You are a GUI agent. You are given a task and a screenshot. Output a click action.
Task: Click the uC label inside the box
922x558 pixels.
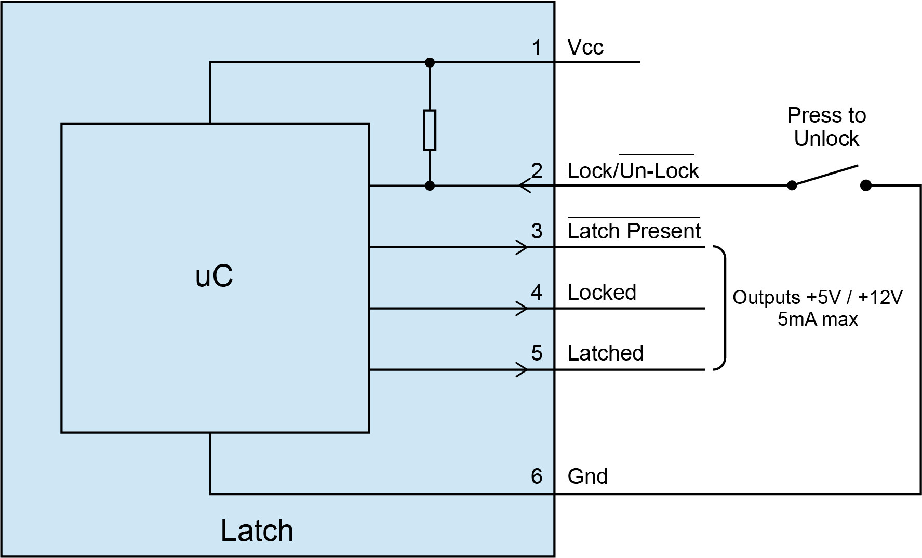tap(214, 276)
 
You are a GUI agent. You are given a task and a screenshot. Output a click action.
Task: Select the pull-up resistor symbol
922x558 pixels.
tap(430, 130)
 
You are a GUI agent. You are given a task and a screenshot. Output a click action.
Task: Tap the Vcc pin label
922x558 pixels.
tap(585, 47)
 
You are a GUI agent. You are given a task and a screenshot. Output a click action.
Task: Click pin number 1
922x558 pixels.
tap(537, 48)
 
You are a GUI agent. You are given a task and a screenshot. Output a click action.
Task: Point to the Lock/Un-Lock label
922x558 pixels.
tap(633, 171)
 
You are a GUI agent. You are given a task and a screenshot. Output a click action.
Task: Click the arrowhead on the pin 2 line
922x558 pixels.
tap(524, 185)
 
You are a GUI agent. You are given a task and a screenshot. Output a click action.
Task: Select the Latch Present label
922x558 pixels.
tap(634, 231)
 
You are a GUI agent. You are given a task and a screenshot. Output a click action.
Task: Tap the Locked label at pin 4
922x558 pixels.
tap(602, 293)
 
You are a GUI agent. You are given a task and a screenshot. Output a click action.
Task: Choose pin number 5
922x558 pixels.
tap(537, 353)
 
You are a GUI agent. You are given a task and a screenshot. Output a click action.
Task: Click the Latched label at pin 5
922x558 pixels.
tap(605, 353)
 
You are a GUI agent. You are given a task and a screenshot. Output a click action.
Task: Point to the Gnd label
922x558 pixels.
tap(587, 476)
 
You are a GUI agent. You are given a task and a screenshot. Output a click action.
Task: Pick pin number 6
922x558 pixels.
tap(537, 476)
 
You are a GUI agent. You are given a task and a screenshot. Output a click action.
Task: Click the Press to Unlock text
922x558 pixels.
tap(826, 127)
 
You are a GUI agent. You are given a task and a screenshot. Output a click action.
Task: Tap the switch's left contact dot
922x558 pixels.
tap(792, 185)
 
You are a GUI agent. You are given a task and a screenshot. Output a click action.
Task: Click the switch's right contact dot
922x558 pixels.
tap(865, 185)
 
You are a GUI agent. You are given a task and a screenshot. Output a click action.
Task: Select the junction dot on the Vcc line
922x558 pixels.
tap(430, 62)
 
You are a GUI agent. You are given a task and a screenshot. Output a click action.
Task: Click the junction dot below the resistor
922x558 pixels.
tap(430, 185)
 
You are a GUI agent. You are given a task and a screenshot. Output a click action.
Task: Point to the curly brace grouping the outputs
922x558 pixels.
tap(721, 308)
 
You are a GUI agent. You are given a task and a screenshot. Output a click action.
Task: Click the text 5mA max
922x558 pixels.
tap(818, 319)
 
